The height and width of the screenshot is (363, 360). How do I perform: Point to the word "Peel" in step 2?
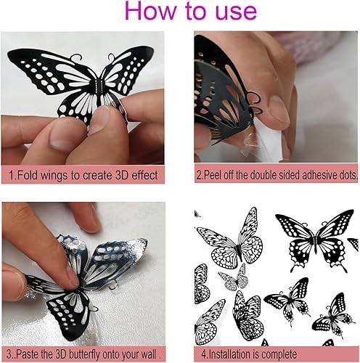click(217, 174)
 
